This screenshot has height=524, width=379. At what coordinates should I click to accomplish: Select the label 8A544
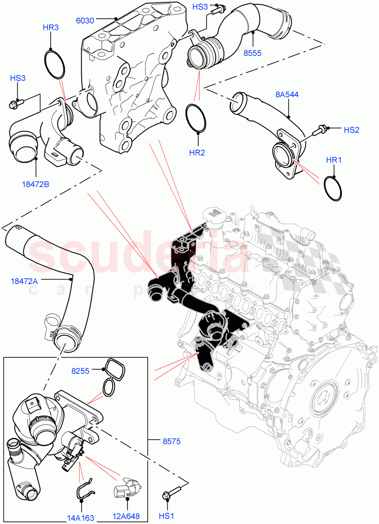(287, 95)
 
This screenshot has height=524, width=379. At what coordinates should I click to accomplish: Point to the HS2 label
(351, 130)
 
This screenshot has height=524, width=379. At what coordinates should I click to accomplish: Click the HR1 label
(334, 160)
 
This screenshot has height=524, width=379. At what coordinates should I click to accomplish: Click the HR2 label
(197, 152)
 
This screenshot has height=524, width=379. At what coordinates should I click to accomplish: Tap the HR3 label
(51, 28)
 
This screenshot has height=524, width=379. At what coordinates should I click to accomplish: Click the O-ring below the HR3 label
(55, 64)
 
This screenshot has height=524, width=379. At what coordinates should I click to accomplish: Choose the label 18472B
(35, 184)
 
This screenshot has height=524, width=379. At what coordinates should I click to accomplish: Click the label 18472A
(24, 281)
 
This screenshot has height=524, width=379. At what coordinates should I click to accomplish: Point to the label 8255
(80, 371)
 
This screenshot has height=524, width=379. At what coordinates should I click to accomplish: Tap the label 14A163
(80, 518)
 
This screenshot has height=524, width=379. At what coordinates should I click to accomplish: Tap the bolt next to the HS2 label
(322, 129)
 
